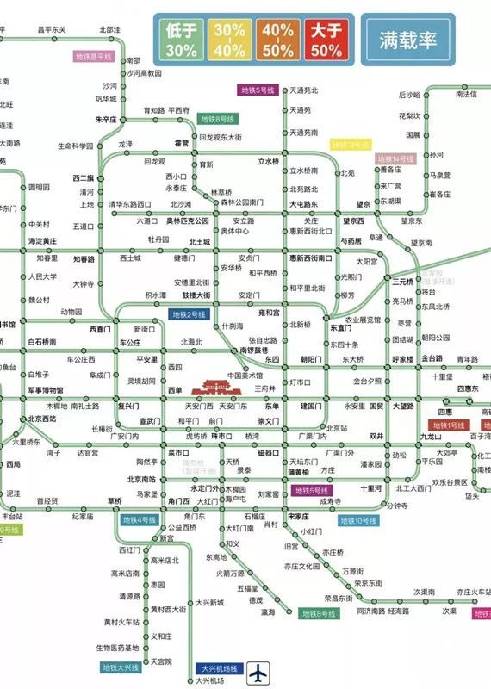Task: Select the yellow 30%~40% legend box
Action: tap(230, 39)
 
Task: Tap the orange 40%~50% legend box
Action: tap(278, 39)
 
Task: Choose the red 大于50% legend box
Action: tap(326, 39)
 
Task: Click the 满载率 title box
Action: tap(407, 40)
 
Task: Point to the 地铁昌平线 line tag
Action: tap(94, 56)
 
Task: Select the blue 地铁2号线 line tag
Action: tap(189, 315)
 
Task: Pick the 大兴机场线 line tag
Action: tap(221, 668)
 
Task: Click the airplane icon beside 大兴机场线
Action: tap(259, 668)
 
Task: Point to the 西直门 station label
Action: tap(101, 329)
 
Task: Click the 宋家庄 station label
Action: tap(298, 516)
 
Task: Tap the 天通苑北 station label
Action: tap(303, 90)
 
